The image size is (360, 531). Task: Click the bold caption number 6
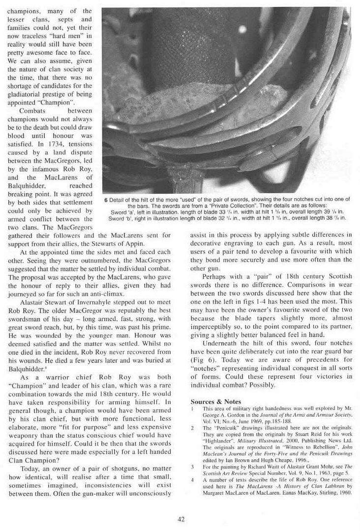coord(106,200)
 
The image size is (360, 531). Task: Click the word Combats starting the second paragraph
coord(32,111)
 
